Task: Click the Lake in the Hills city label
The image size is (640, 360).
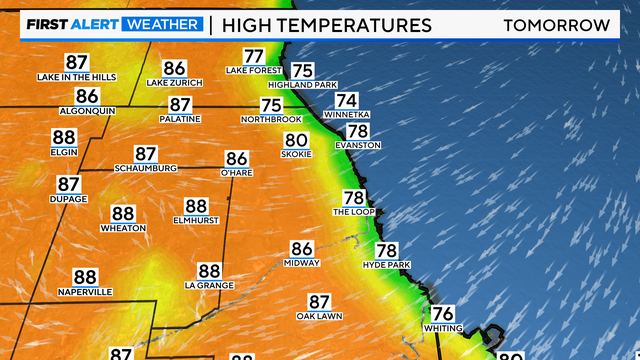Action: pos(77,77)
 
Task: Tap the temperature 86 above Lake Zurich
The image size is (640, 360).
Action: pos(174,68)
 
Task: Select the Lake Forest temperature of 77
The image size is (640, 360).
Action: pos(254,57)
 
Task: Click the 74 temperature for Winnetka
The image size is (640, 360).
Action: pos(346,100)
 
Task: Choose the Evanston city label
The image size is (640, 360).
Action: pos(358,145)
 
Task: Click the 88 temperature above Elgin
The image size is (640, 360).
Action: pos(64,138)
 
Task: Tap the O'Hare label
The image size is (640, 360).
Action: pos(237,172)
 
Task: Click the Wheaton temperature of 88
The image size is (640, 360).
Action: pos(123,213)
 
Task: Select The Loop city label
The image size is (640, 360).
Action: pos(353,212)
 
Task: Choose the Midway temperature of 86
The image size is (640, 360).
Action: pos(302,249)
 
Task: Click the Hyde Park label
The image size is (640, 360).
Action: pos(387,264)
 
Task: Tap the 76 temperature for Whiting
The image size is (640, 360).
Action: pos(443,313)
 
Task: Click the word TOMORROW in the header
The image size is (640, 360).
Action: pos(558,24)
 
